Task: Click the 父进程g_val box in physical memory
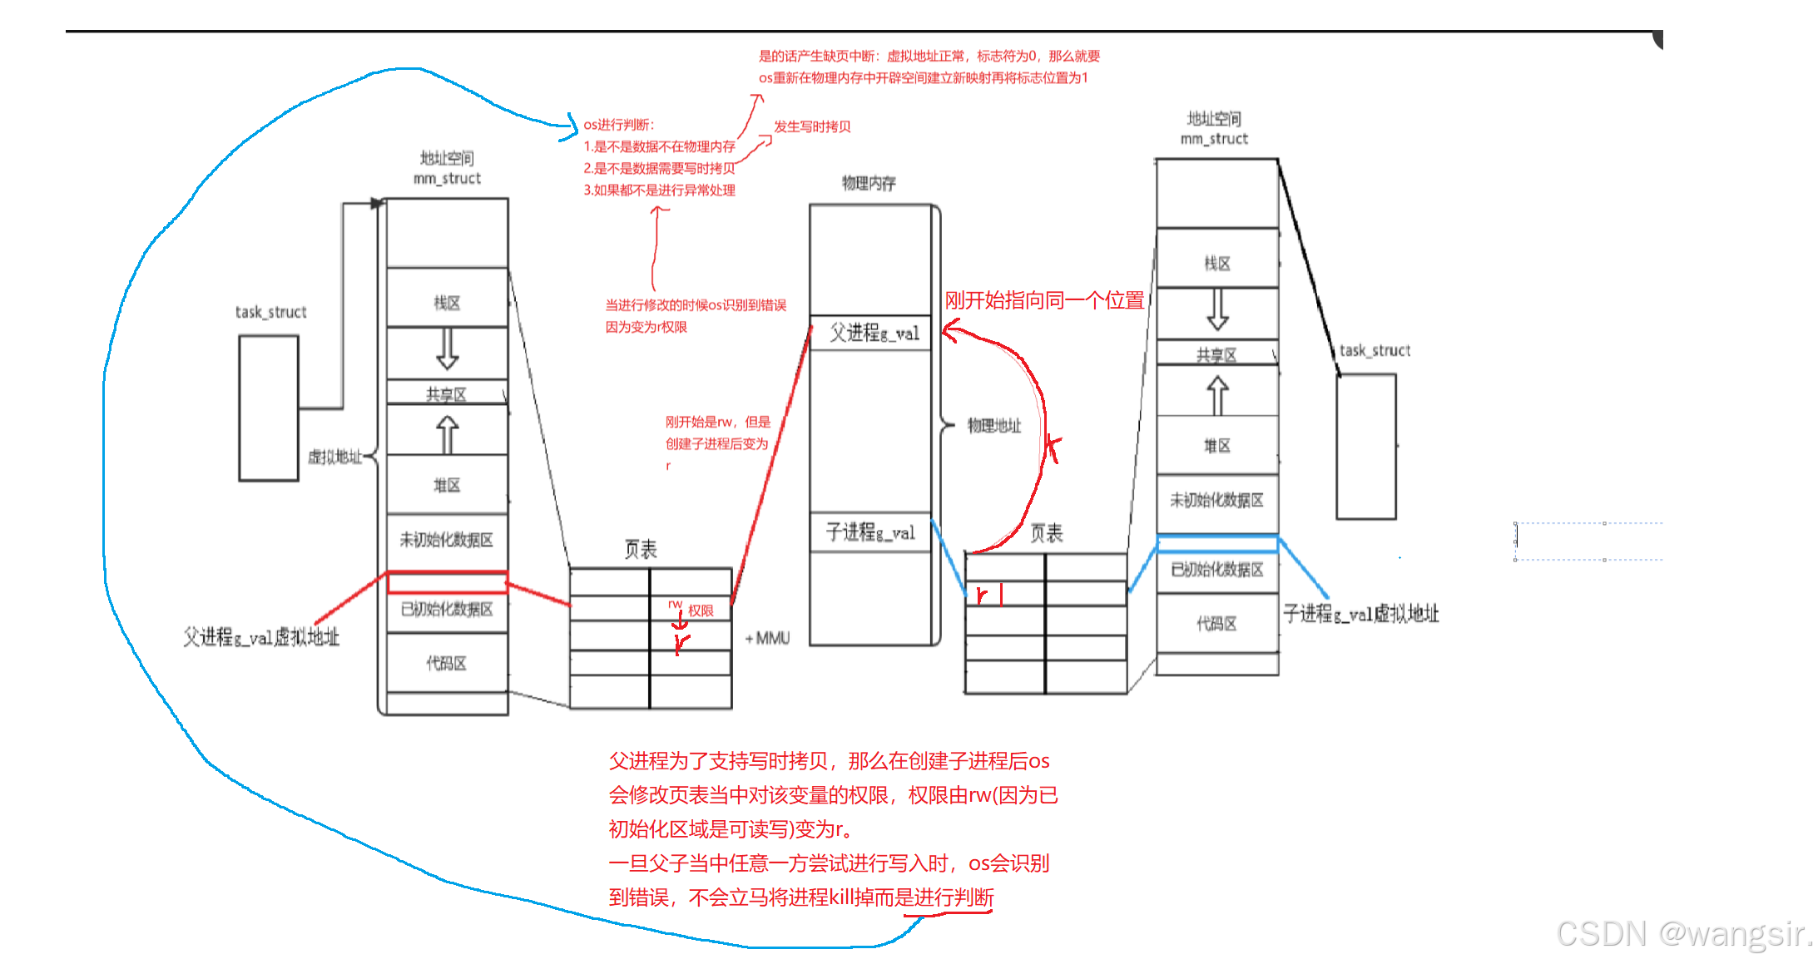(870, 334)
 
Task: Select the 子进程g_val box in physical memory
(870, 532)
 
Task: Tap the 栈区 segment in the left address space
(447, 303)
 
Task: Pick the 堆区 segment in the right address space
(1216, 447)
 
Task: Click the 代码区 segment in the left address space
(447, 663)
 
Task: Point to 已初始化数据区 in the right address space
(1216, 570)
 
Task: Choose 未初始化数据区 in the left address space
(447, 541)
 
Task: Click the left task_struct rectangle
(269, 408)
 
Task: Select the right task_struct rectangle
(1366, 447)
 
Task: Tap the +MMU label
(767, 639)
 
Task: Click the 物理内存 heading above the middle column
(869, 183)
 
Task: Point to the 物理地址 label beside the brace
(993, 426)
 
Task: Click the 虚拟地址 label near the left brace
(334, 457)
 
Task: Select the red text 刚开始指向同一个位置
(1044, 300)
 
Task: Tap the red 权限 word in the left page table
(701, 611)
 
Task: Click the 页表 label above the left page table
(641, 549)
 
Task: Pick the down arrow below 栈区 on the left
(447, 349)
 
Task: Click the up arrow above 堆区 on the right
(1217, 394)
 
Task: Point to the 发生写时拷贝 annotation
(812, 126)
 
